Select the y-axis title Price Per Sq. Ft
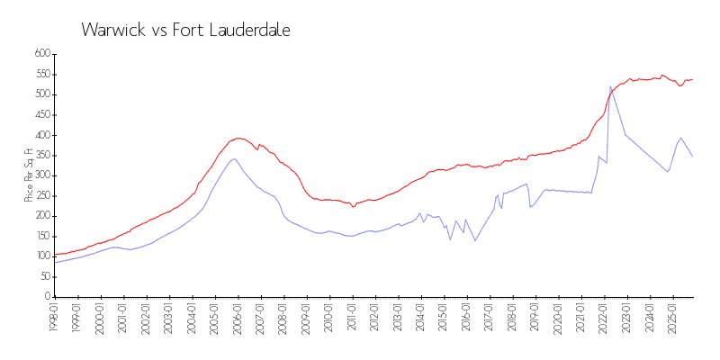(29, 175)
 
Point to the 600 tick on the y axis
(40, 54)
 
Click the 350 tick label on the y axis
(40, 155)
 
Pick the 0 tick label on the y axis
(47, 297)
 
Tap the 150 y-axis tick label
(40, 236)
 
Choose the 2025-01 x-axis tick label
(670, 317)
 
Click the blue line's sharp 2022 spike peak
(610, 86)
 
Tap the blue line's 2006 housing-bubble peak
(233, 158)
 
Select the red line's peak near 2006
(238, 138)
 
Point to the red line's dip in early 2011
(354, 206)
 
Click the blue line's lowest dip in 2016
(475, 240)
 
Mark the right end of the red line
(692, 79)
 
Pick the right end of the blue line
(692, 157)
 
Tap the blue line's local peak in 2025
(680, 138)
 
